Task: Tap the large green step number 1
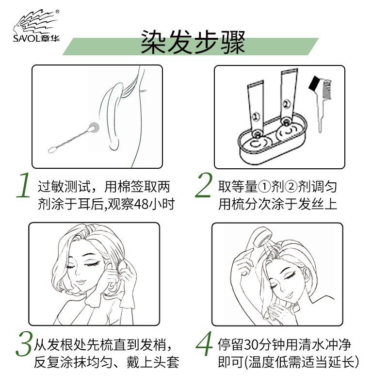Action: click(x=23, y=186)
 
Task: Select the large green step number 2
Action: click(x=204, y=186)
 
